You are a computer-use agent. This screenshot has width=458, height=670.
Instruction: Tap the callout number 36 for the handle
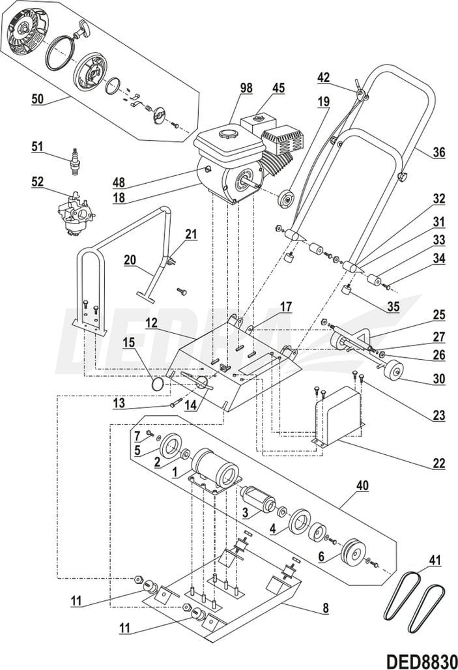click(438, 153)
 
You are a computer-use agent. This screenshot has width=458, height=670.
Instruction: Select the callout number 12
click(150, 323)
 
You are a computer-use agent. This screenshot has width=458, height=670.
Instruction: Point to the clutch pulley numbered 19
click(285, 199)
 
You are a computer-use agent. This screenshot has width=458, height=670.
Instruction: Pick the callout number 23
click(438, 415)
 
